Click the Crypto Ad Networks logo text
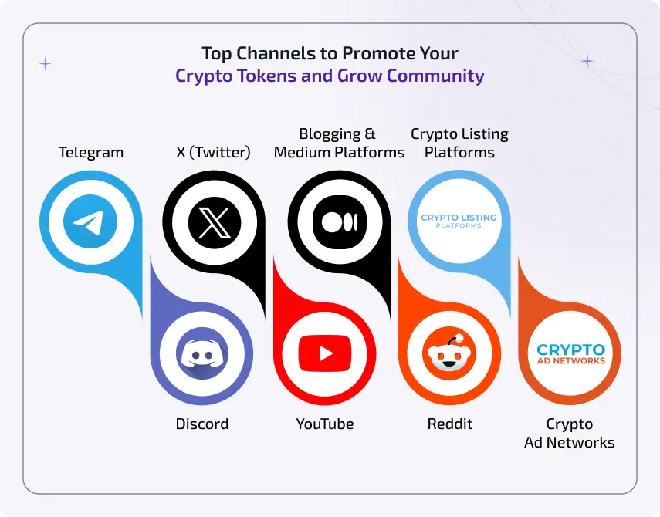570,354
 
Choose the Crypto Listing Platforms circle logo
459,221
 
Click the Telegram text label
91,153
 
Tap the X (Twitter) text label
213,153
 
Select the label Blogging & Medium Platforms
340,143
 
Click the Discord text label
202,424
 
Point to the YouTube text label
325,424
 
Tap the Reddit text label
450,424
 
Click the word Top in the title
216,54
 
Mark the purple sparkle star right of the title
587,60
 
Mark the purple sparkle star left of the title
46,64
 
